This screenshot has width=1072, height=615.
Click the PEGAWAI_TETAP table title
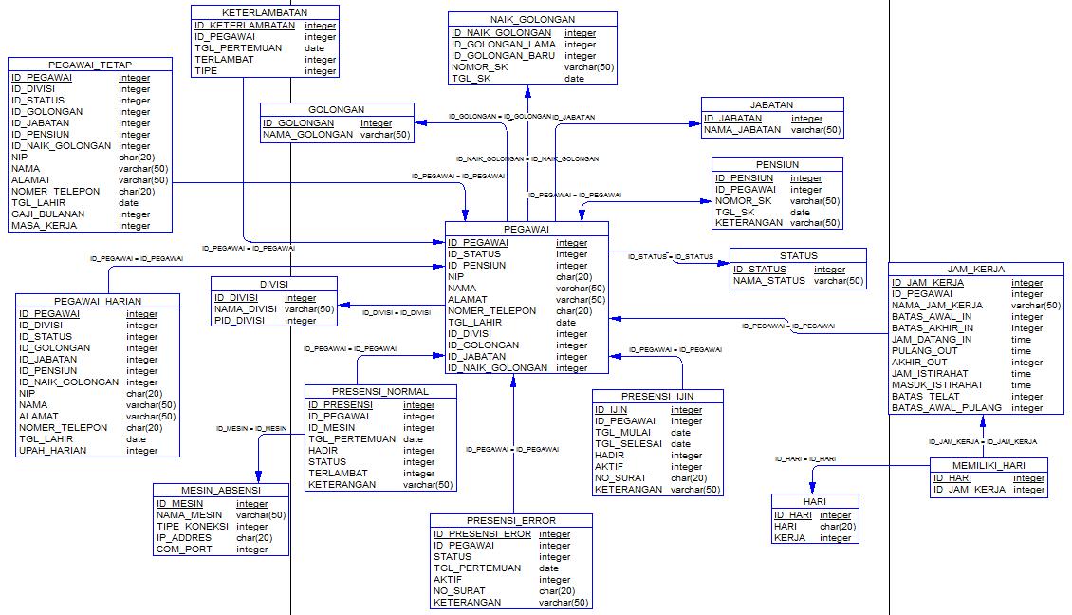(90, 65)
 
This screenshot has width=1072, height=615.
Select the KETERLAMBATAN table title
(265, 13)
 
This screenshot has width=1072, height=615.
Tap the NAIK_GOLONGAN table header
(532, 20)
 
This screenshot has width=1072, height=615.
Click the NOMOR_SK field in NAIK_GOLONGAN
(479, 67)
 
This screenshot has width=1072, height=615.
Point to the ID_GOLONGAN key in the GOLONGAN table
(298, 123)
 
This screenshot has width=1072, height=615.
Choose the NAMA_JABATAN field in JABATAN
(743, 130)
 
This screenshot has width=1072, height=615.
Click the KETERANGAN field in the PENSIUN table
(749, 223)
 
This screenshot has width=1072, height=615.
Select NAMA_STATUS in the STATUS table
(769, 281)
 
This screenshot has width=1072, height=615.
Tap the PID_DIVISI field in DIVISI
(239, 320)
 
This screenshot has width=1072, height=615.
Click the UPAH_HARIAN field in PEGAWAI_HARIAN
(52, 451)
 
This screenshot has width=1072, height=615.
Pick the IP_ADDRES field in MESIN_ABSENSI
(184, 538)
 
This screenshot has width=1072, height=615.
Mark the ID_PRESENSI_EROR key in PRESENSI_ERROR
(482, 534)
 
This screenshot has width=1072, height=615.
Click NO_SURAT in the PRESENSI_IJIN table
(620, 478)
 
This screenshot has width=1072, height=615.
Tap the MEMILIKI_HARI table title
(989, 465)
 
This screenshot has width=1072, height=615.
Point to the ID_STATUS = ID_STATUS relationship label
(671, 256)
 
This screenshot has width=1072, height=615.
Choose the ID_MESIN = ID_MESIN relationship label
(251, 429)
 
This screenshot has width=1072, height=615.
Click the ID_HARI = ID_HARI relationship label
(805, 459)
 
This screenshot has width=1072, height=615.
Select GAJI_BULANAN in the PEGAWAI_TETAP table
(47, 214)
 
